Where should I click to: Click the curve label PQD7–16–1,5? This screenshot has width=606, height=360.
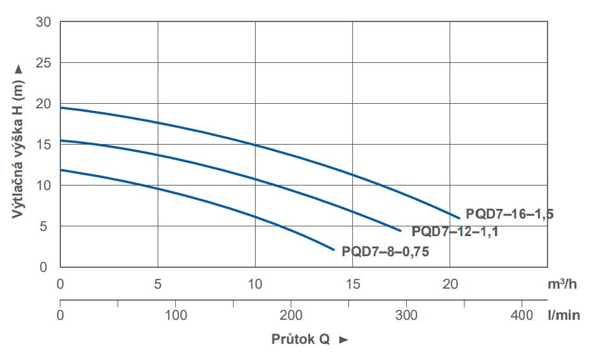(x=509, y=213)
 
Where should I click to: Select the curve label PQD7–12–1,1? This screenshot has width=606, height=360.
(x=455, y=231)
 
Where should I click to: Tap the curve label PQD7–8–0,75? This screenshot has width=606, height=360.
(x=385, y=252)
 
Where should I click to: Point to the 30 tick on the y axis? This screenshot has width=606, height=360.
(x=44, y=22)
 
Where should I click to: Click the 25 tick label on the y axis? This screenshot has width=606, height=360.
(x=44, y=63)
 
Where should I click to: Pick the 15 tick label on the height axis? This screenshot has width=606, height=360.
(x=44, y=145)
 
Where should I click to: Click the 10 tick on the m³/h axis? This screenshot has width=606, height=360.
(x=255, y=283)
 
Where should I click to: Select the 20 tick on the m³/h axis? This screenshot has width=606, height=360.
(x=450, y=283)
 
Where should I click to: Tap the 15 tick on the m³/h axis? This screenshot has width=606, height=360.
(x=352, y=283)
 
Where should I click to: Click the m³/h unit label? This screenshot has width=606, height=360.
(x=562, y=283)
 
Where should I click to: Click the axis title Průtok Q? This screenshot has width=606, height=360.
(x=301, y=339)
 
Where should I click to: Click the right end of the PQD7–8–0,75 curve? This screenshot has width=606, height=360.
(x=333, y=250)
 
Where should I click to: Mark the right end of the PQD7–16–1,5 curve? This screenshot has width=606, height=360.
(x=459, y=217)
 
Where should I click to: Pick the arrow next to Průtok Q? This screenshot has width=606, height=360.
(x=344, y=339)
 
